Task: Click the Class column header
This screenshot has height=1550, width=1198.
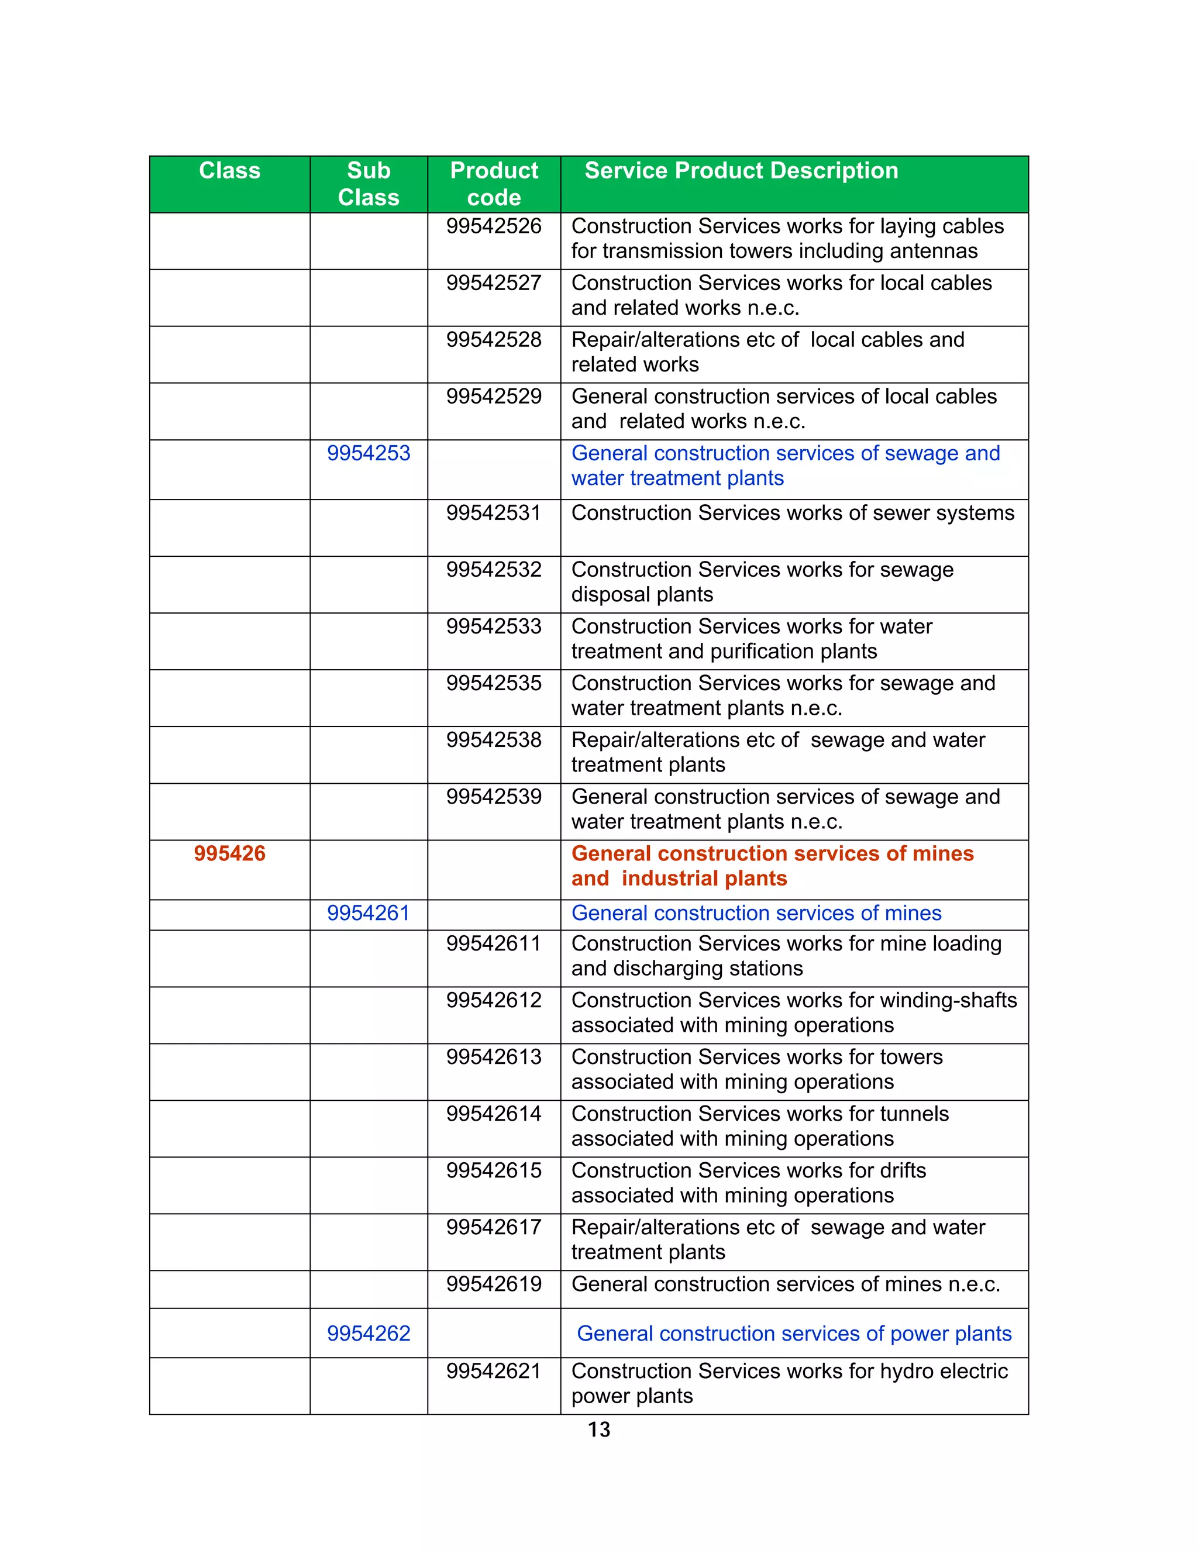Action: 229,171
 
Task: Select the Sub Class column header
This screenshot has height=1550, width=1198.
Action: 369,184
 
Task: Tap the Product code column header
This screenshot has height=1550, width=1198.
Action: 494,184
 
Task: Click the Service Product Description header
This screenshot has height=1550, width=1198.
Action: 741,171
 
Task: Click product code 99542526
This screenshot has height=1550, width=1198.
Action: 494,226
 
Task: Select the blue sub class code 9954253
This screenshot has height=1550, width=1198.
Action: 369,453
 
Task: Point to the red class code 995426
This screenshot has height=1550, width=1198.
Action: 229,854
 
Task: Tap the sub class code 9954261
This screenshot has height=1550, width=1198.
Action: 369,914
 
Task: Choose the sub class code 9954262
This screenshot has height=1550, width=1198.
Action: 369,1334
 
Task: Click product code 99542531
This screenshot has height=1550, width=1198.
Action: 494,513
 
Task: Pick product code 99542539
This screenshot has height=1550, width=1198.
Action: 494,797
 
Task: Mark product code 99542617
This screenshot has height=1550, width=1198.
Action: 494,1227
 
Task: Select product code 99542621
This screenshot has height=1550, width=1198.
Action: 494,1371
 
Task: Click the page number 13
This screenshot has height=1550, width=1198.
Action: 599,1430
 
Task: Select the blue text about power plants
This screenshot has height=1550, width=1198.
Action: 793,1334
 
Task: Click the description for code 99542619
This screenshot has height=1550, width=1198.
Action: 786,1284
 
